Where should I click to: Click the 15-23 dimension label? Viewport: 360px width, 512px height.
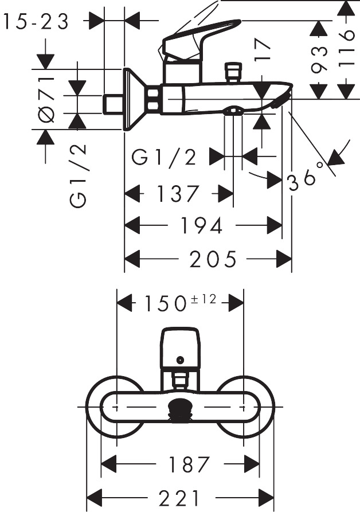pyautogui.click(x=36, y=22)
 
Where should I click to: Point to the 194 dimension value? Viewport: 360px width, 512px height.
pyautogui.click(x=202, y=226)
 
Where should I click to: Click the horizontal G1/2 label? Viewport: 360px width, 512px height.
pyautogui.click(x=164, y=157)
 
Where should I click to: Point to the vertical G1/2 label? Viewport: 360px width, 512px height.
pyautogui.click(x=79, y=175)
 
